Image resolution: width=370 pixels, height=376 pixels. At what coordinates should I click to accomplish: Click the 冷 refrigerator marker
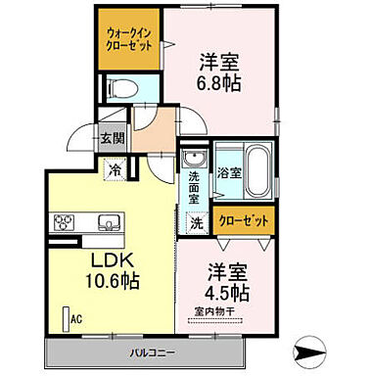(x=116, y=167)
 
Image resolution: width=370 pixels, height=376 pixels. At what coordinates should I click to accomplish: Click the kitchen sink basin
(x=108, y=219)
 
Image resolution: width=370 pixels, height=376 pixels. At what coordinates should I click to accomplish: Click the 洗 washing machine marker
(x=196, y=222)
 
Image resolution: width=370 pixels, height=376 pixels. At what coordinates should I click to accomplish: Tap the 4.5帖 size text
(x=226, y=291)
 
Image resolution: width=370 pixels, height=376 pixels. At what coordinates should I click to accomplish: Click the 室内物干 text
(x=226, y=312)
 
